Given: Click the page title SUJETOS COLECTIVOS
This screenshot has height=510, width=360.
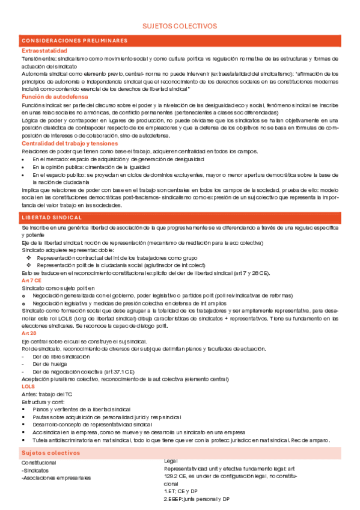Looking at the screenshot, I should click(179, 26).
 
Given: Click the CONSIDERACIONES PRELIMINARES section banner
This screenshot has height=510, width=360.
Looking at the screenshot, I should click(75, 40).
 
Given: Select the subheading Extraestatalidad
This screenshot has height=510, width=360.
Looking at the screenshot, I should click(44, 51).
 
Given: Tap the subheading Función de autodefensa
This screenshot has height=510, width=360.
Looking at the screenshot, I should click(55, 97).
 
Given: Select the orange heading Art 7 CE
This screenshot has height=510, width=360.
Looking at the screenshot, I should click(32, 280).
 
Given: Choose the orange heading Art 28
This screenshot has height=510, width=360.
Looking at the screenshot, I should click(28, 333).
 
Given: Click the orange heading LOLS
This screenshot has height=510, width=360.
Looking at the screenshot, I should click(28, 387).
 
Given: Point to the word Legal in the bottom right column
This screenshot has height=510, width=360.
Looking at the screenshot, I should click(171, 461).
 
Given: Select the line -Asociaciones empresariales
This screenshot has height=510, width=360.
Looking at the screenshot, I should click(56, 478).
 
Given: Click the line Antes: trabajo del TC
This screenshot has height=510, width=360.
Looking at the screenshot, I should click(48, 393).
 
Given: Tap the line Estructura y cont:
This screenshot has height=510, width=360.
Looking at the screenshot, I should click(42, 401).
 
